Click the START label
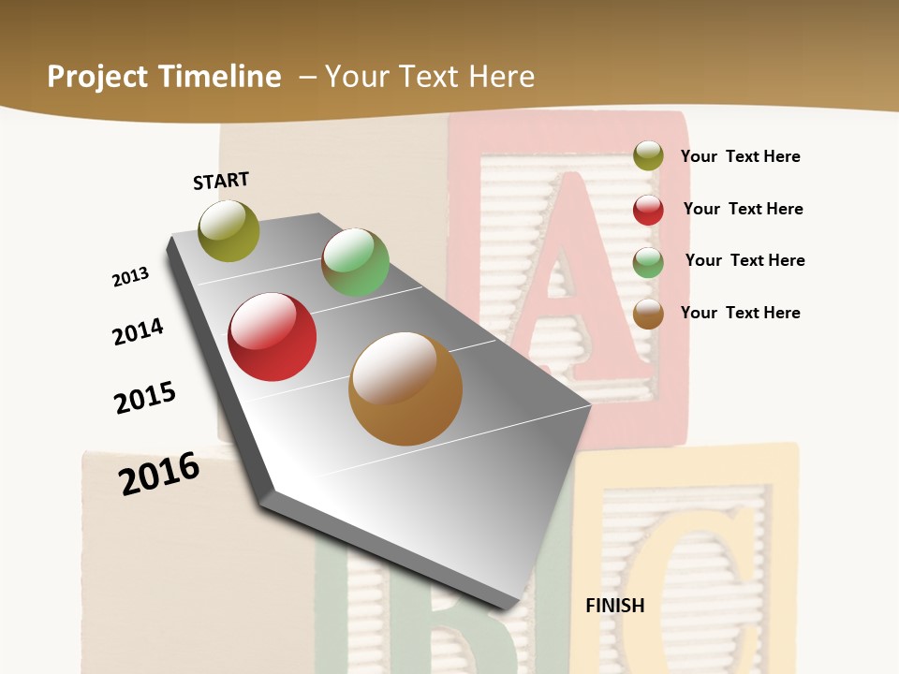pos(221,181)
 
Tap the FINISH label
pos(614,606)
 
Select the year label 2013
pos(131,277)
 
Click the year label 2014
pos(139,331)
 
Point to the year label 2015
pos(145,398)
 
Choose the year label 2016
pos(159,473)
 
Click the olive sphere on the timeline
pos(228,230)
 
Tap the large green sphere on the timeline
pos(355,262)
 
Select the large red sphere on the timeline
pos(273,337)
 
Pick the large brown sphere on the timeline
pos(405,388)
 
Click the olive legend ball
pos(648,156)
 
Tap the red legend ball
pos(648,210)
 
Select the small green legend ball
pos(648,262)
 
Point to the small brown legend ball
pos(648,314)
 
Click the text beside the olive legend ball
pos(740,156)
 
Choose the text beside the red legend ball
pos(743,209)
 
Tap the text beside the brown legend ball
pos(740,313)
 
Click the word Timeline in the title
pos(221,77)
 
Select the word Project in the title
pos(98,77)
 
